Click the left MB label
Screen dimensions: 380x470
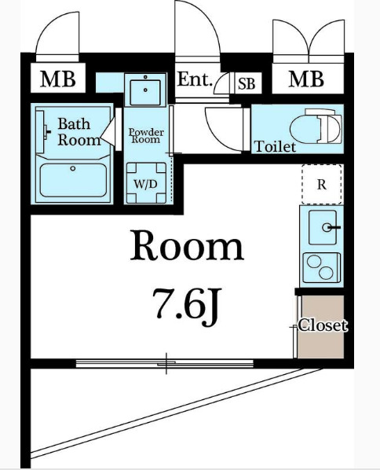click(x=58, y=79)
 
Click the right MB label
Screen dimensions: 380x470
click(x=306, y=79)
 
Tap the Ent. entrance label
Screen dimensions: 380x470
click(x=195, y=79)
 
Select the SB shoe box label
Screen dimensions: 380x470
click(x=247, y=84)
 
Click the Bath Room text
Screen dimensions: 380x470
click(x=79, y=132)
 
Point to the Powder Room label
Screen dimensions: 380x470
click(x=147, y=136)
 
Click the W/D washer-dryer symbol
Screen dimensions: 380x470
click(x=146, y=182)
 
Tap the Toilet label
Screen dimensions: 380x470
click(x=275, y=146)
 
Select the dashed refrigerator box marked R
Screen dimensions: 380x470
click(x=321, y=185)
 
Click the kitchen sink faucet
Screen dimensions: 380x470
click(x=331, y=227)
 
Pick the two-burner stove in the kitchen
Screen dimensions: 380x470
click(x=321, y=268)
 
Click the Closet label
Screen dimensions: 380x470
click(x=323, y=325)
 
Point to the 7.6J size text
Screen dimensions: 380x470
click(x=187, y=307)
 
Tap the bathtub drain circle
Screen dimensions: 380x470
click(x=73, y=168)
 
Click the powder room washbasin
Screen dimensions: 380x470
click(x=145, y=90)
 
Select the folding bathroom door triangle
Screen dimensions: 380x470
click(x=108, y=132)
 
